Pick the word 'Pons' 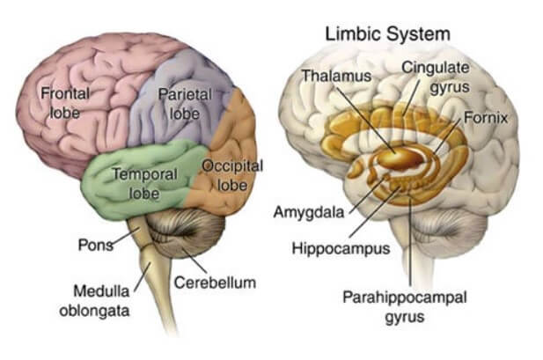coord(94,245)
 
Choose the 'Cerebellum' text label coord(214,283)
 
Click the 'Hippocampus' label coord(340,248)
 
